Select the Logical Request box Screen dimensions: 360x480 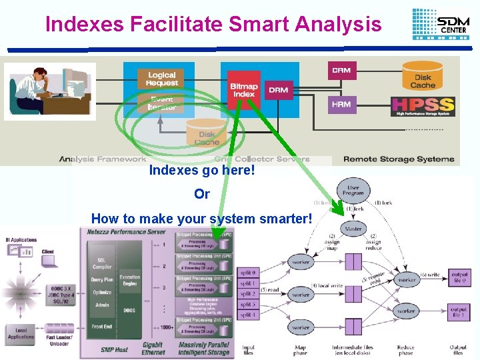click(162, 79)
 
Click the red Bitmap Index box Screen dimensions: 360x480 click(244, 90)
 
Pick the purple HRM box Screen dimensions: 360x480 click(341, 104)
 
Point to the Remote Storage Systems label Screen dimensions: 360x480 click(399, 159)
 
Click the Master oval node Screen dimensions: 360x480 click(353, 229)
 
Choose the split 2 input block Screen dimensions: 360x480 click(247, 293)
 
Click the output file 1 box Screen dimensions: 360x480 click(459, 311)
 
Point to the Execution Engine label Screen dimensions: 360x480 click(129, 281)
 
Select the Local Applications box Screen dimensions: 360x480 click(20, 332)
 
